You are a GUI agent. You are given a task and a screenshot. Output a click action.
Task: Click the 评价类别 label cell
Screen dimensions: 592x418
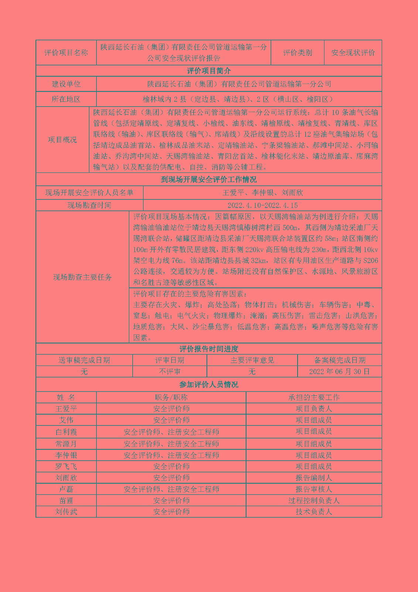[x=298, y=53]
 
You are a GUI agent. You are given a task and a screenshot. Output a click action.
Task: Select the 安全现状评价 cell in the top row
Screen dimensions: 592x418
[x=353, y=53]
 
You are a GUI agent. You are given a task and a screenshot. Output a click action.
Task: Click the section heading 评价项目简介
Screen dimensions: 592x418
[x=209, y=71]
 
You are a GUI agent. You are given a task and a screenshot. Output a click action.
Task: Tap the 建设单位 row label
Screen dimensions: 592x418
[x=66, y=84]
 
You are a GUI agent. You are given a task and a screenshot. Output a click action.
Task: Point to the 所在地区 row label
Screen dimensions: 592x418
[x=66, y=99]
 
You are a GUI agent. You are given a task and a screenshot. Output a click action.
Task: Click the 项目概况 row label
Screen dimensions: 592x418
[x=62, y=139]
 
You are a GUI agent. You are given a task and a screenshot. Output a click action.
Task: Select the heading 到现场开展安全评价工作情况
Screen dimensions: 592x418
[x=209, y=179]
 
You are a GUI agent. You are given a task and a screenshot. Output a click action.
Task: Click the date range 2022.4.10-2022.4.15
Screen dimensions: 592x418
[x=262, y=205]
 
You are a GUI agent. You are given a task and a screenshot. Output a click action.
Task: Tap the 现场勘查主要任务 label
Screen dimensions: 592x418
[x=82, y=277]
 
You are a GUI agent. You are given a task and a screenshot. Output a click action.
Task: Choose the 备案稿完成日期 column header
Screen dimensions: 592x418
[x=340, y=360]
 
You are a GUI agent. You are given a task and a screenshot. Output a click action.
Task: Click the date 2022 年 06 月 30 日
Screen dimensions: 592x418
[x=340, y=371]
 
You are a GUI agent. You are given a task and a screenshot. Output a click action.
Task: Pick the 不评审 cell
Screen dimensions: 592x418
[x=170, y=371]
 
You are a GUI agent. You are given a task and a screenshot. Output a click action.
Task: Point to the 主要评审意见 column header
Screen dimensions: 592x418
[x=252, y=360]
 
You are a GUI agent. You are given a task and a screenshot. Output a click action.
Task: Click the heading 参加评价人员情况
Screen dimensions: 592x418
[x=209, y=384]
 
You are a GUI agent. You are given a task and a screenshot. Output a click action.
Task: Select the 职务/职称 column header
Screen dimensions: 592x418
[x=171, y=397]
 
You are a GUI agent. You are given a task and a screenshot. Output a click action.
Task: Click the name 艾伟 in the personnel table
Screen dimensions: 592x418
[x=66, y=420]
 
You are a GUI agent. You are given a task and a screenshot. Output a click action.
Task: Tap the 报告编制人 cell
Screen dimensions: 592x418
[x=314, y=478]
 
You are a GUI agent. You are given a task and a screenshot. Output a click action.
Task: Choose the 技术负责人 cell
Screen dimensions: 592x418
[x=314, y=512]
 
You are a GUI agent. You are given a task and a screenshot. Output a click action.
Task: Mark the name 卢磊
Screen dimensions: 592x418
[x=66, y=489]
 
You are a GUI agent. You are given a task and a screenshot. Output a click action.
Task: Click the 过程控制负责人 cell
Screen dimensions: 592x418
[x=314, y=501]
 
